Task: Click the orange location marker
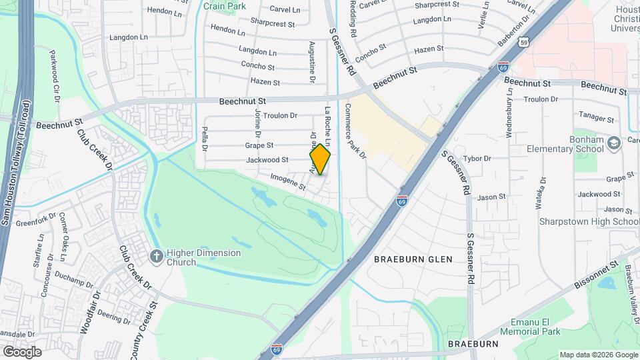(x=320, y=159)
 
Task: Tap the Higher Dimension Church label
(x=195, y=257)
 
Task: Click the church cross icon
(x=156, y=257)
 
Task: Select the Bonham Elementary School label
(x=571, y=144)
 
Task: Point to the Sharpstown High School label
(x=598, y=221)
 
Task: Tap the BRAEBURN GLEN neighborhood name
(x=413, y=259)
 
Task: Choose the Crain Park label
(x=225, y=6)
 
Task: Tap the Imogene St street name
(x=287, y=183)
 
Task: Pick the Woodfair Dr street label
(x=85, y=314)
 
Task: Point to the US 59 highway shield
(x=525, y=43)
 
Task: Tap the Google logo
(x=22, y=351)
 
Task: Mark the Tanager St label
(x=595, y=117)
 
